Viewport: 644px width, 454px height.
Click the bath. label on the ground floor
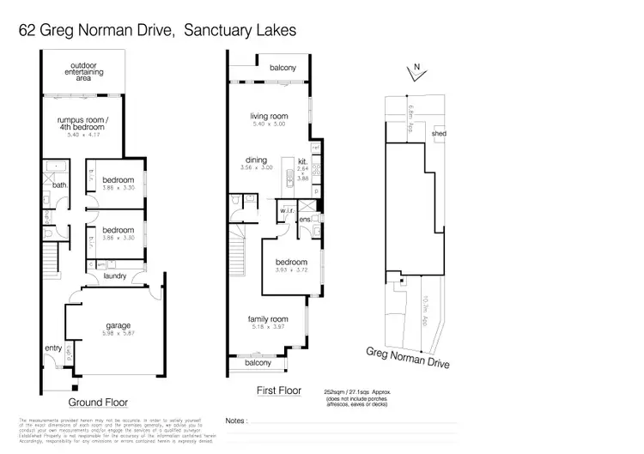click(x=59, y=185)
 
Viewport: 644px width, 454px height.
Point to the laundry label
click(x=114, y=276)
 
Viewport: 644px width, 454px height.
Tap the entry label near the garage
click(x=53, y=347)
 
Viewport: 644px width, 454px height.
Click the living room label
click(x=268, y=117)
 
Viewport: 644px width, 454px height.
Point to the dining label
click(x=257, y=160)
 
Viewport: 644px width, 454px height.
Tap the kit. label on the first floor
click(x=302, y=160)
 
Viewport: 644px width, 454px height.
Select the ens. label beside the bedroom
click(x=305, y=220)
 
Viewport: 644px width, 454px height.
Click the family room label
click(x=268, y=319)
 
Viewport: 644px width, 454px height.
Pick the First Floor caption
click(x=279, y=390)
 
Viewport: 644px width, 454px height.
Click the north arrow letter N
click(x=416, y=66)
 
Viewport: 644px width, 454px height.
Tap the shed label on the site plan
click(x=439, y=135)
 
